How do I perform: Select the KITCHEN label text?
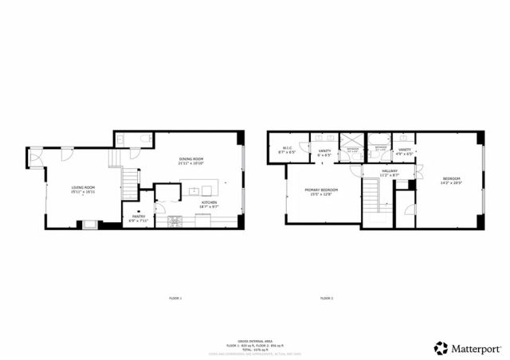(x=209, y=204)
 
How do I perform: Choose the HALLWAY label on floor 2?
(x=389, y=172)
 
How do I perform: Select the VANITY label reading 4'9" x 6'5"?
(x=405, y=151)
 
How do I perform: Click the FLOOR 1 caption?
(x=175, y=298)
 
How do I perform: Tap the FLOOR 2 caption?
(x=327, y=298)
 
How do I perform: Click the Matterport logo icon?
(x=441, y=348)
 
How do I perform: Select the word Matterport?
(x=477, y=348)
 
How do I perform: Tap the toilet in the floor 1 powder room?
(x=143, y=139)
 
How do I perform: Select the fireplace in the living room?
(x=90, y=223)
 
